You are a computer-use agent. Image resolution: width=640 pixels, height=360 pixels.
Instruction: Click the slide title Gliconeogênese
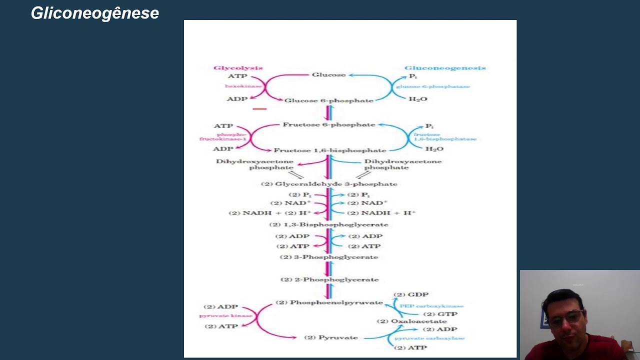tap(95, 13)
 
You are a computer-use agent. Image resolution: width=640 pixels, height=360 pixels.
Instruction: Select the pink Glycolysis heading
tap(238, 68)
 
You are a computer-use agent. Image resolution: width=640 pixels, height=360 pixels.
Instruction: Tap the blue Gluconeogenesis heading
tap(445, 68)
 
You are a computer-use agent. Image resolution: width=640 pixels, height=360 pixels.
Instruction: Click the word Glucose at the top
tap(328, 75)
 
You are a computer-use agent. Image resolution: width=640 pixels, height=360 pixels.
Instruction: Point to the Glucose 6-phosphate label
tap(328, 100)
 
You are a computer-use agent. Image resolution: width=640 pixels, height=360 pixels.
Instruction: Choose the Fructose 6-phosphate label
tap(328, 124)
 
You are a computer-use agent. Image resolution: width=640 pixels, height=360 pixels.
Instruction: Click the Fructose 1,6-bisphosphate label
tap(329, 150)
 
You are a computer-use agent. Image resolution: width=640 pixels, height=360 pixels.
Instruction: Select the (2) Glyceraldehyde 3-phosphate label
tap(329, 184)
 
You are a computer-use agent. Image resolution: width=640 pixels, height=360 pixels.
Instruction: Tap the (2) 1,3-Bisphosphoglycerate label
tap(328, 224)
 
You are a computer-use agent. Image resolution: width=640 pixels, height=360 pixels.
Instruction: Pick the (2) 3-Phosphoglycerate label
tap(328, 257)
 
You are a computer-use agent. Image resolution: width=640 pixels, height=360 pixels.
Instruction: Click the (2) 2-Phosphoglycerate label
tap(329, 279)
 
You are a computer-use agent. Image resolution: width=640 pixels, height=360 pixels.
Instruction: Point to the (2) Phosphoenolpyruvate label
tap(329, 302)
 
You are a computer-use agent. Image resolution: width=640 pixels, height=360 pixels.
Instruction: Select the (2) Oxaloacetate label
tap(411, 321)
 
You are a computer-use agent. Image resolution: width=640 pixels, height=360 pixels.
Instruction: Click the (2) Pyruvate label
tap(331, 337)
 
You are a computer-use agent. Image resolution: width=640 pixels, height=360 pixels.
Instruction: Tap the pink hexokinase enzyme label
tap(243, 86)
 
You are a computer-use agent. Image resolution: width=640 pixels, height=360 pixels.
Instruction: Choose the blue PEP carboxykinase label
tap(431, 306)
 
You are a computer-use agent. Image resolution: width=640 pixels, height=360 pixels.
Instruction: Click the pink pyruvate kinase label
tap(225, 316)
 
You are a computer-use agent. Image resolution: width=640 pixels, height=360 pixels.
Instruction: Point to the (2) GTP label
tap(440, 314)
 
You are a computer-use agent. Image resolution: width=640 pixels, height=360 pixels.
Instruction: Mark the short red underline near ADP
tap(259, 108)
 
